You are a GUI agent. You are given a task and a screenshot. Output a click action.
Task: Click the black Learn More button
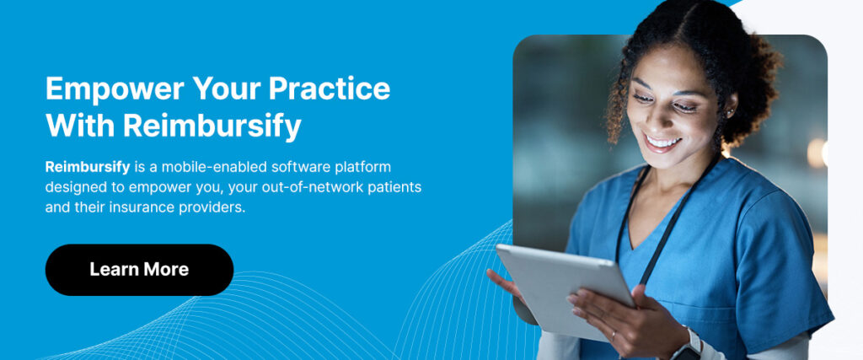point(139,270)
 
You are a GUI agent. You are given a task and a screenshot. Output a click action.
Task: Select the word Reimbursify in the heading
point(212,125)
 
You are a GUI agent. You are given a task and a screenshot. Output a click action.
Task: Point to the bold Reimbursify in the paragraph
point(82,167)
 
